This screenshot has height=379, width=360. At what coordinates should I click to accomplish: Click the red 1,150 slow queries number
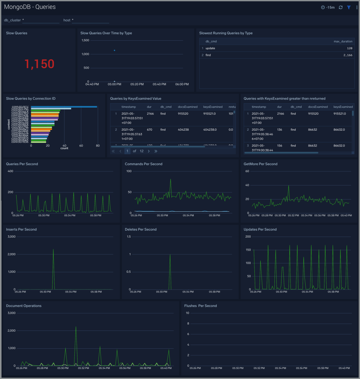click(x=39, y=64)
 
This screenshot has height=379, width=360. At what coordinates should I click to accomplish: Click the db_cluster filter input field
click(x=41, y=20)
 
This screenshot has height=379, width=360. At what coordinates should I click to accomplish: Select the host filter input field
click(x=90, y=20)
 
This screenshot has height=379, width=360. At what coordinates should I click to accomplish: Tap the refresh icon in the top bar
click(x=341, y=7)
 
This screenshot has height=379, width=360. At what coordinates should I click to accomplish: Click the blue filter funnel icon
click(x=349, y=7)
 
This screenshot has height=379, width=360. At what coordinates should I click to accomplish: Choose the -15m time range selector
click(x=328, y=7)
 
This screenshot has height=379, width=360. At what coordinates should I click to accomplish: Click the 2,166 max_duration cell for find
click(x=347, y=55)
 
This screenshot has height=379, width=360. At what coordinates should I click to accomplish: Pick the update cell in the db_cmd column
click(x=210, y=48)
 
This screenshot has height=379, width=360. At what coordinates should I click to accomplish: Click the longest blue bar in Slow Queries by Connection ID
click(x=64, y=107)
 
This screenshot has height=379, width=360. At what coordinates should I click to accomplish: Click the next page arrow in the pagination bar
click(x=149, y=151)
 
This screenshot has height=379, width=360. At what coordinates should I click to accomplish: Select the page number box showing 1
click(x=127, y=151)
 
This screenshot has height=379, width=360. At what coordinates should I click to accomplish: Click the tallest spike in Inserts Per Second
click(x=53, y=250)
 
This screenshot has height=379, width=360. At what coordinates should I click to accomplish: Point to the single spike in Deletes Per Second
click(x=170, y=255)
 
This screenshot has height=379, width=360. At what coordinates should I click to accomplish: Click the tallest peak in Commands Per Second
click(x=170, y=180)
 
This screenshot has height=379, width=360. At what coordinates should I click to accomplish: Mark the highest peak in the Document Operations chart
click(x=76, y=327)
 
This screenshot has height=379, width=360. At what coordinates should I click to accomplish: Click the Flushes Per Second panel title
click(x=200, y=306)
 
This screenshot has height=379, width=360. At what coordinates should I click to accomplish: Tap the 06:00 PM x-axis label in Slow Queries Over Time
click(x=182, y=84)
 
